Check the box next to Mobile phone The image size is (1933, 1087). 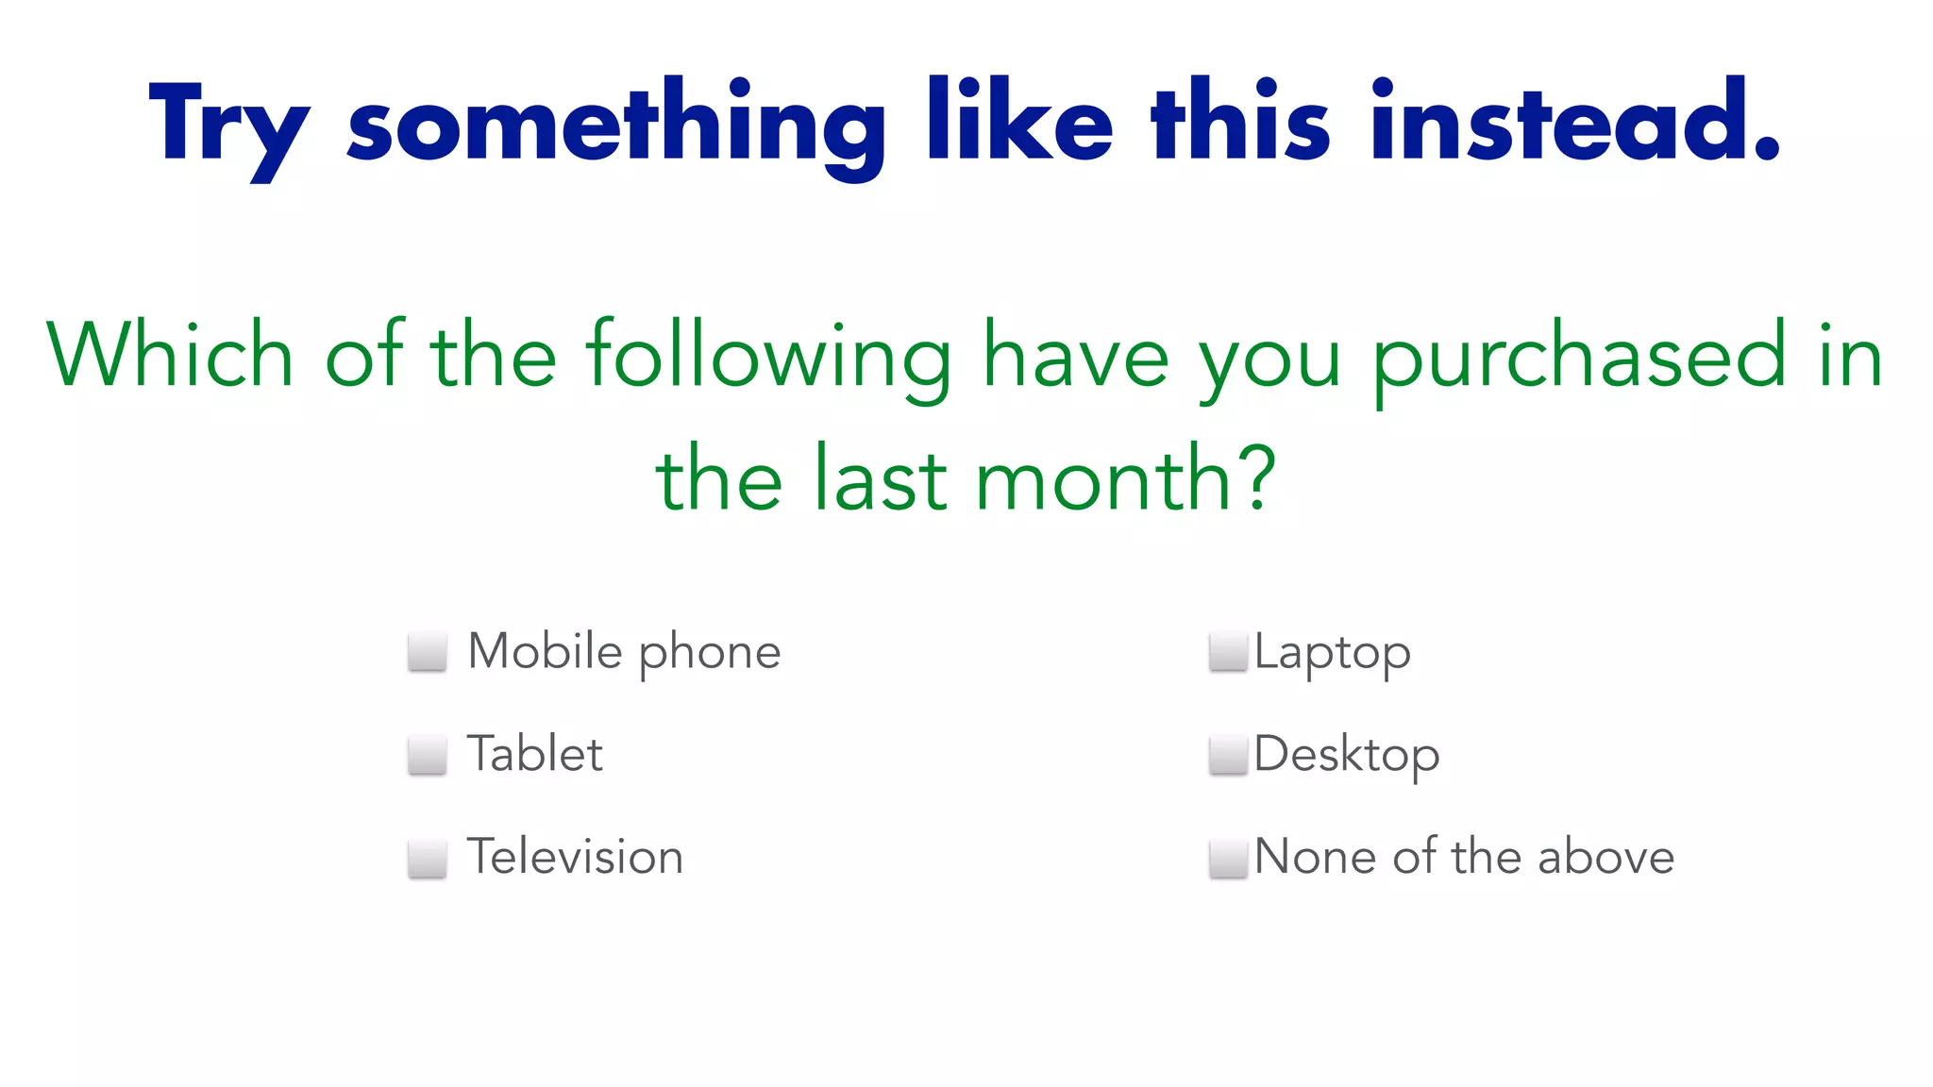(x=427, y=652)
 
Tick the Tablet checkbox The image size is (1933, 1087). (x=427, y=755)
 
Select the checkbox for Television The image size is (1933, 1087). (x=427, y=858)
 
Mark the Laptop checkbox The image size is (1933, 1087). (x=1228, y=652)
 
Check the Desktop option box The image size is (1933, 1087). (x=1228, y=755)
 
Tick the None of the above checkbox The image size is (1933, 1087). (x=1228, y=858)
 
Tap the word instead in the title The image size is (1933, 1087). (x=1574, y=123)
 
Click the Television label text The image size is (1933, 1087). (x=575, y=857)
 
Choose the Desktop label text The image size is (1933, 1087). (x=1347, y=755)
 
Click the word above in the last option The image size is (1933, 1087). (x=1605, y=857)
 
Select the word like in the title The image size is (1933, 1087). (x=1020, y=123)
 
